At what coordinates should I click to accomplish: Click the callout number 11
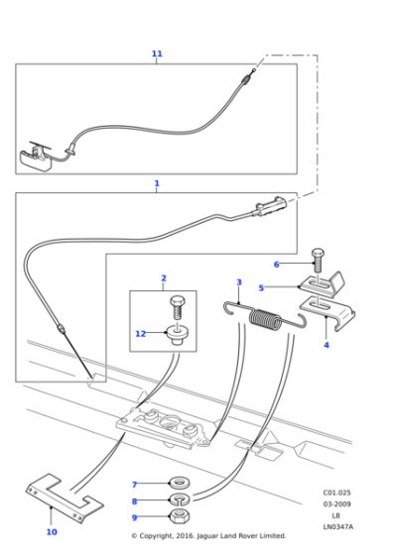pyautogui.click(x=157, y=54)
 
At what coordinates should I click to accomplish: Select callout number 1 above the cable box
pyautogui.click(x=157, y=183)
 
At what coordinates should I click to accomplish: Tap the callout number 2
pyautogui.click(x=164, y=278)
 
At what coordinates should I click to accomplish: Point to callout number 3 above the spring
pyautogui.click(x=239, y=282)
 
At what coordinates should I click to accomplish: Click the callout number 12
pyautogui.click(x=140, y=334)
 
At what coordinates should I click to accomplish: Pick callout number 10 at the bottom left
pyautogui.click(x=52, y=531)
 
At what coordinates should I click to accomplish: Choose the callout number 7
pyautogui.click(x=134, y=485)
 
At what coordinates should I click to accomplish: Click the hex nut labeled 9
pyautogui.click(x=180, y=517)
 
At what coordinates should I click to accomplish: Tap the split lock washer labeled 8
pyautogui.click(x=180, y=500)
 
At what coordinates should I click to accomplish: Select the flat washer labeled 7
pyautogui.click(x=180, y=483)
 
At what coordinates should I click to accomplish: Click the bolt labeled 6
pyautogui.click(x=318, y=260)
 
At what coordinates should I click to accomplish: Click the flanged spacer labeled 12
pyautogui.click(x=178, y=335)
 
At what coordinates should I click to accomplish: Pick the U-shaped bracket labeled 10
pyautogui.click(x=65, y=498)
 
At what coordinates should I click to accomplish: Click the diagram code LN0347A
pyautogui.click(x=337, y=527)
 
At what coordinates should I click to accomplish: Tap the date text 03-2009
pyautogui.click(x=337, y=504)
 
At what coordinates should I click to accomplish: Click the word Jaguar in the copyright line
pyautogui.click(x=207, y=536)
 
